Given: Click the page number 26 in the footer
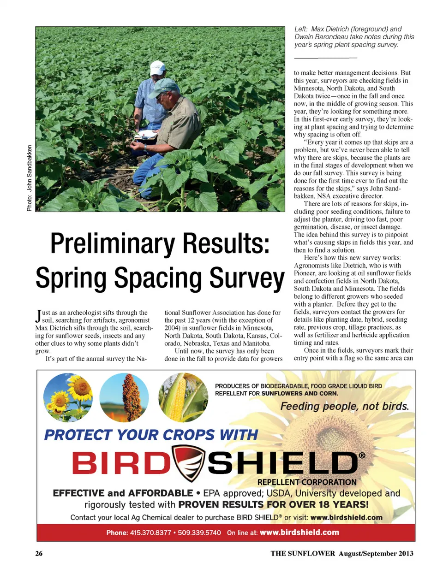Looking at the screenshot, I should coord(39,553).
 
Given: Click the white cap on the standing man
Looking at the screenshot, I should coord(158,67).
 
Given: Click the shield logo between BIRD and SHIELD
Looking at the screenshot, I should coord(189,463).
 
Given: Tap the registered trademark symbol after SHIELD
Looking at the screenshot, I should coord(362,456).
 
